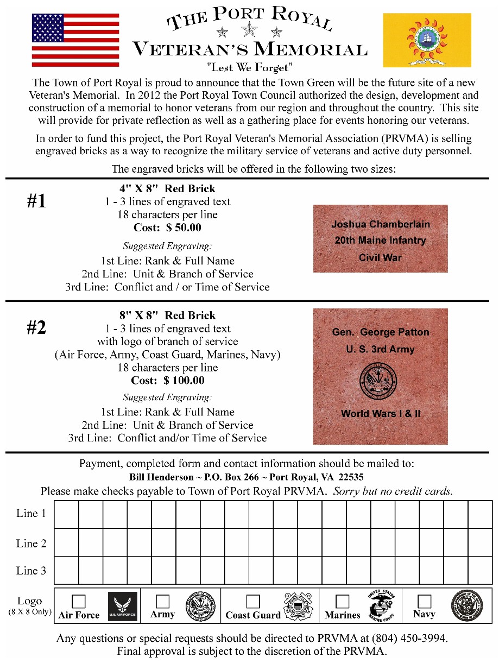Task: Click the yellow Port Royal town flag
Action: point(427,40)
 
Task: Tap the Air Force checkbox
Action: point(79,601)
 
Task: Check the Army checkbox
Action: point(162,601)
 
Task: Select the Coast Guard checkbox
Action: point(252,601)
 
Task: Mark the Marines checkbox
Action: point(342,601)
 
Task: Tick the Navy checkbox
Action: point(424,601)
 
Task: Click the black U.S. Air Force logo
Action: point(123,606)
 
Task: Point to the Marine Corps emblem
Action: point(382,605)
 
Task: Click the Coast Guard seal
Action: point(298,606)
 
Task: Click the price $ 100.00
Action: point(184,381)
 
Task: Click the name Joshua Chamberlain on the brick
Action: point(381,224)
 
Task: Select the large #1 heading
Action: point(36,201)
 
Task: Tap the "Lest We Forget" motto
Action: point(250,68)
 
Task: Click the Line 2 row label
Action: point(31,543)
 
